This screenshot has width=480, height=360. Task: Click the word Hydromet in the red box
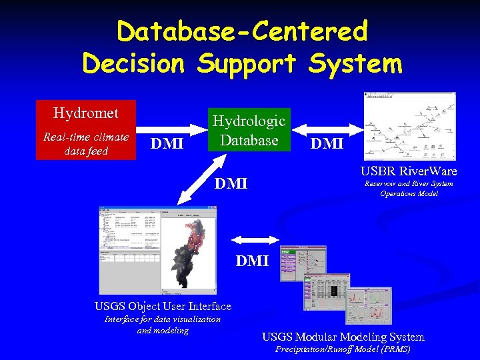click(x=85, y=113)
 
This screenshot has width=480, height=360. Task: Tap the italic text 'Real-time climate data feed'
click(x=85, y=144)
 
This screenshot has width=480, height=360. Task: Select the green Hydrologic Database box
click(x=249, y=130)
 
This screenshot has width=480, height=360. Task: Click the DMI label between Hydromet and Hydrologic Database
click(x=167, y=143)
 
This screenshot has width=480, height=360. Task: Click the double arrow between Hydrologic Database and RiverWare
click(x=327, y=127)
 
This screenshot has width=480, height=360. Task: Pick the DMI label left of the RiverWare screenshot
click(x=327, y=143)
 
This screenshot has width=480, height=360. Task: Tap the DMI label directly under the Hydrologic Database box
click(x=231, y=183)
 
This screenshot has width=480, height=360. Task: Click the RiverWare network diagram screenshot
click(x=409, y=126)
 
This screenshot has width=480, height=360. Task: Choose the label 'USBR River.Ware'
click(x=409, y=171)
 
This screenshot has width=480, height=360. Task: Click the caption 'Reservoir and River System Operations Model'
click(x=409, y=189)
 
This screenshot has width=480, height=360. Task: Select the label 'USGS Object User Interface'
click(x=163, y=307)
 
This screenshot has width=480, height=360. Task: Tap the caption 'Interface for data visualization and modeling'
click(x=163, y=325)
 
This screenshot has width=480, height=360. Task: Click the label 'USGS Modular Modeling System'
click(x=343, y=337)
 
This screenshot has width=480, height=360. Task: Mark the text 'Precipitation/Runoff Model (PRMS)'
click(x=343, y=349)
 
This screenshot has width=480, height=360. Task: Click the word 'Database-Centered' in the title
click(x=241, y=31)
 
